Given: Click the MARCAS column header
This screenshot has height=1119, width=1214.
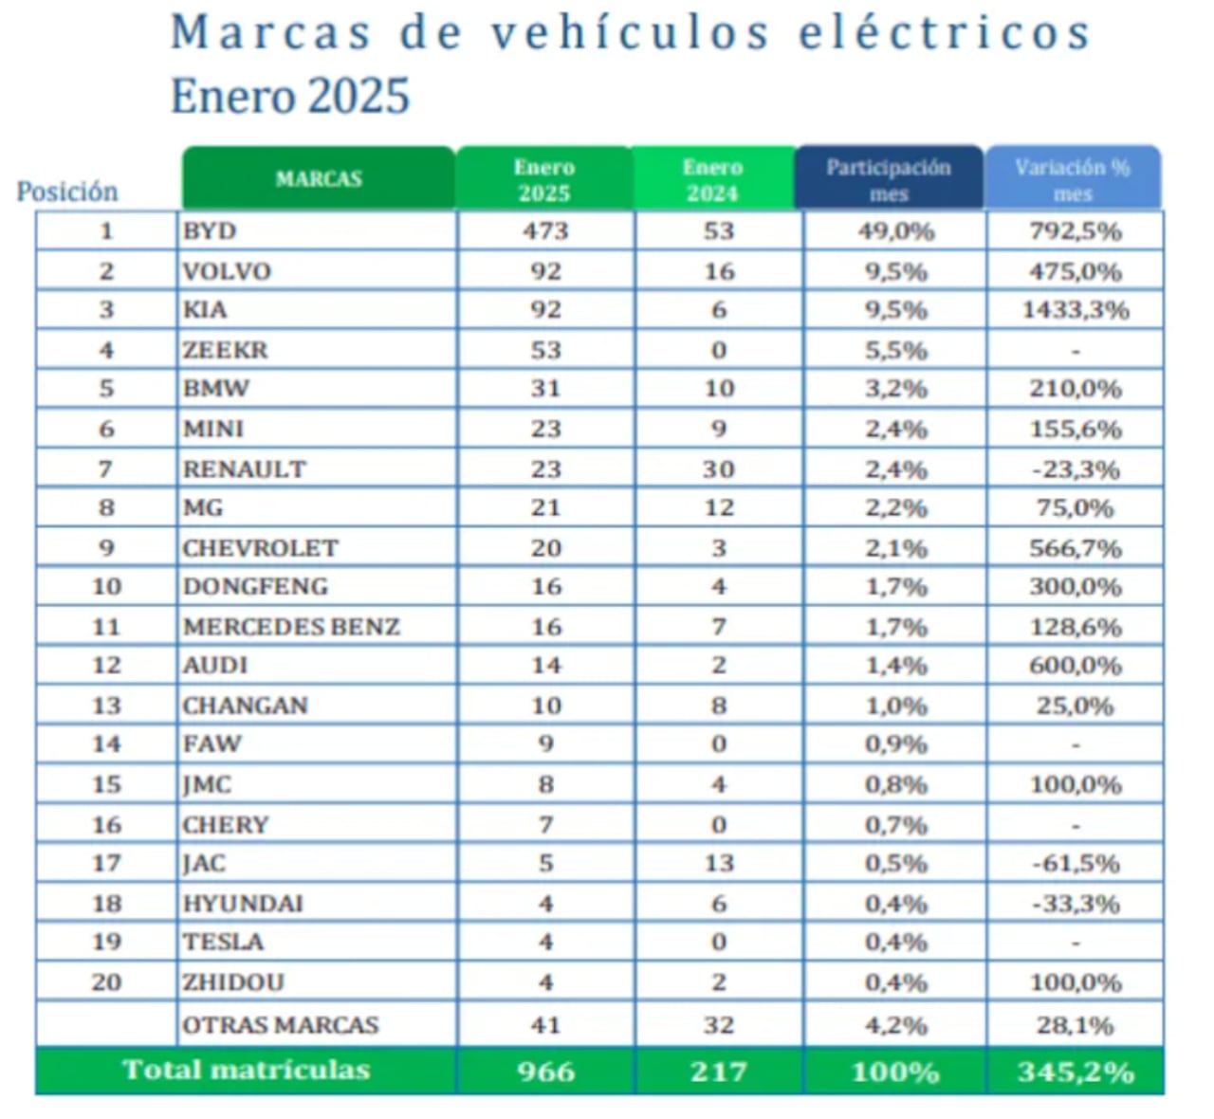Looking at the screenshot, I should (319, 178).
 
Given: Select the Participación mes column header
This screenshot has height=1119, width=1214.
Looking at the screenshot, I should (888, 179).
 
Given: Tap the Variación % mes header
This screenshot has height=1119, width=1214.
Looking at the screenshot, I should (1073, 179).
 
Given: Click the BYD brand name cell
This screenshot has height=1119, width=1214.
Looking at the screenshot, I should (210, 231).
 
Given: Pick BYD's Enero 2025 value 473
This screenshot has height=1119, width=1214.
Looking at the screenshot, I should (545, 231).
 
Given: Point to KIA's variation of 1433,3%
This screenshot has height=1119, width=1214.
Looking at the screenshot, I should (1076, 310).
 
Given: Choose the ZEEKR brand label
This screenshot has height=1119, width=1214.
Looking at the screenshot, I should (226, 350).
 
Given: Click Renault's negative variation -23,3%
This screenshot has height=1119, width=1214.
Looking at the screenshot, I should (1076, 469).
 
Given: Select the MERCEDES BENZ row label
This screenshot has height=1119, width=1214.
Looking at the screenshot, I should (291, 627).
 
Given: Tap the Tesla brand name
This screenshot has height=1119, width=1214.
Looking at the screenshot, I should (223, 942).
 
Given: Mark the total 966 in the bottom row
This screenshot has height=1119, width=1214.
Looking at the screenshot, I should (545, 1072).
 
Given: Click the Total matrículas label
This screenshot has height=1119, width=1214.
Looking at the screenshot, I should (246, 1070).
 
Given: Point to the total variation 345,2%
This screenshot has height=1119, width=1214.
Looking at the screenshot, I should (1076, 1072).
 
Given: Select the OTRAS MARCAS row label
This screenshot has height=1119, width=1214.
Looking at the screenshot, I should (280, 1025).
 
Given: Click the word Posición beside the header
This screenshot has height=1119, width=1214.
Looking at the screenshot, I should (67, 192).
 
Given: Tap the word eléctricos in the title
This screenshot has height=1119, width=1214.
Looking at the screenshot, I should (945, 34).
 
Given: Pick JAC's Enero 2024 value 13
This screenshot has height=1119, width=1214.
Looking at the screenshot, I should (719, 863).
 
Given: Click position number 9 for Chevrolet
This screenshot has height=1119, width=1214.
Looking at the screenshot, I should (106, 548).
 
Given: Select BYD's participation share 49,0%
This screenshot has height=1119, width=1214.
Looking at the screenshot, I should (895, 231).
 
